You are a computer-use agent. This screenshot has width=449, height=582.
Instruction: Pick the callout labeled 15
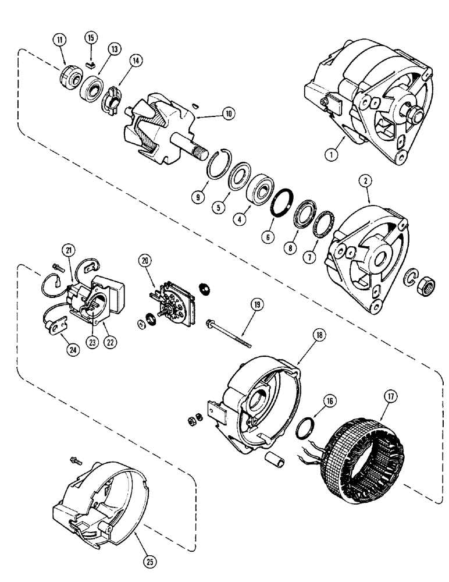pyautogui.click(x=90, y=39)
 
